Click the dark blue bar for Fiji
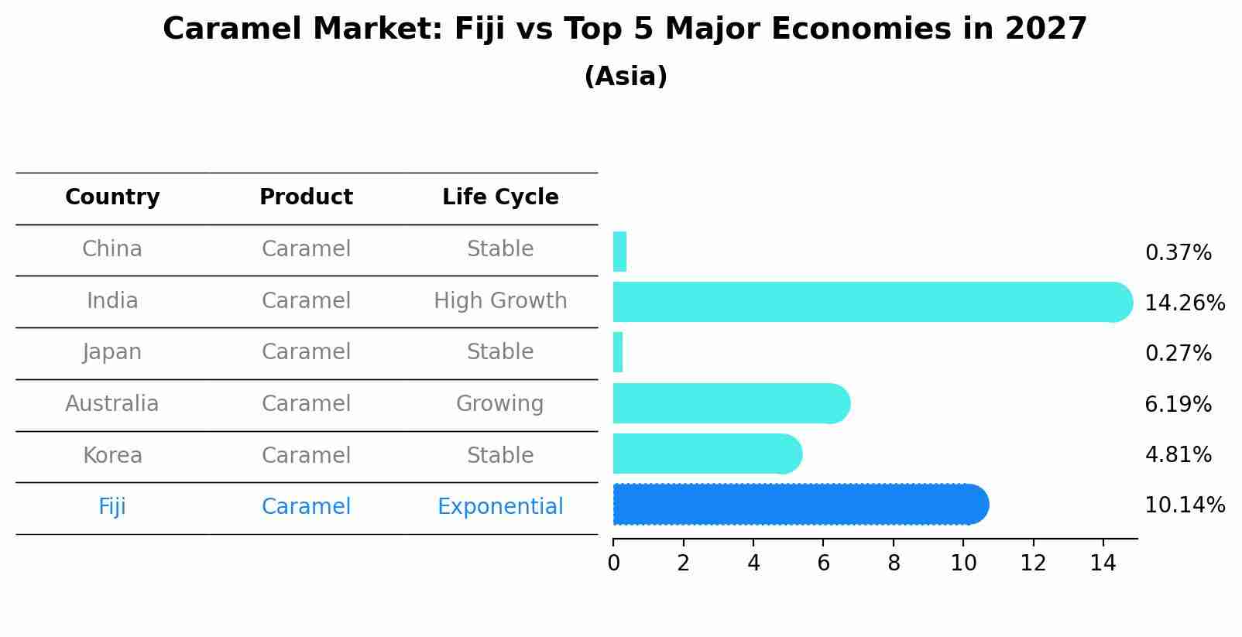[x=798, y=505]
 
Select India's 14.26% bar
[x=867, y=302]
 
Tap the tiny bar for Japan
[x=618, y=352]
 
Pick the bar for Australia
[x=728, y=403]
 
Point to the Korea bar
[x=705, y=454]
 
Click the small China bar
[x=619, y=252]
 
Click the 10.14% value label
[x=1184, y=505]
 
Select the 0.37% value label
[x=1178, y=253]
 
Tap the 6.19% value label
[x=1178, y=404]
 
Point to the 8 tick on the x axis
[x=894, y=563]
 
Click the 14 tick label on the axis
[x=1103, y=563]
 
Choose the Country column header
[x=112, y=197]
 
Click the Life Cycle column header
[x=500, y=197]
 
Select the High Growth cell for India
[x=500, y=301]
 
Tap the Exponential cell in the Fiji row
[x=500, y=507]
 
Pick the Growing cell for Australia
[x=499, y=404]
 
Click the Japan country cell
[x=112, y=352]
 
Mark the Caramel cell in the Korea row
[x=306, y=455]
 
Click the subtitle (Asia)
[x=626, y=77]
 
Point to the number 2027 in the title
[x=1045, y=29]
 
